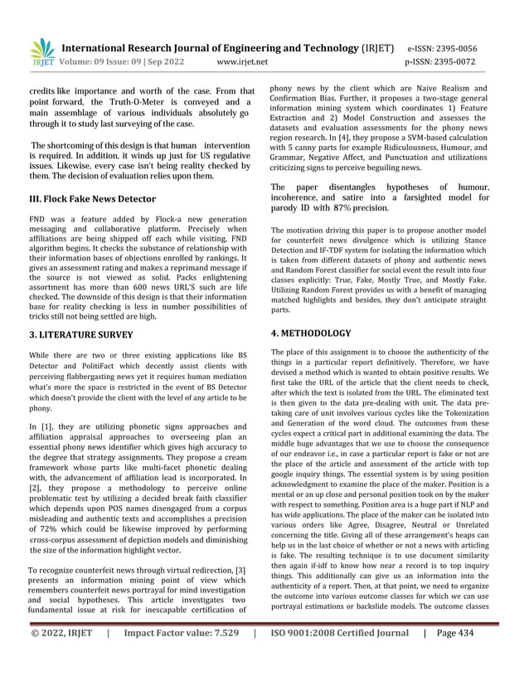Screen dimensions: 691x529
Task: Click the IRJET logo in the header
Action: tap(42, 51)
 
